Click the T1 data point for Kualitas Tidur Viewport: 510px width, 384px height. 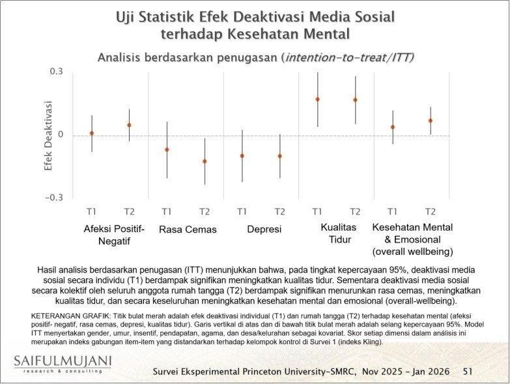click(317, 99)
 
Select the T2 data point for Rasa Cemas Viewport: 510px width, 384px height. click(205, 161)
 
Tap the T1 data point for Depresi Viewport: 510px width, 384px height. click(242, 156)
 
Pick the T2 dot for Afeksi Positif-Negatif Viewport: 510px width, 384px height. click(129, 125)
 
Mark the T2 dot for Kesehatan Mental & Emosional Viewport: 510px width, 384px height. click(430, 121)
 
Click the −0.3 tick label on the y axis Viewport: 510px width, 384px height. click(56, 198)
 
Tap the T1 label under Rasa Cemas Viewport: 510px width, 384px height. click(167, 211)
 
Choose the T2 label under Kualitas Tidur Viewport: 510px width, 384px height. click(355, 211)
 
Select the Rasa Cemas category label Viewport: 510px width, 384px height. click(188, 229)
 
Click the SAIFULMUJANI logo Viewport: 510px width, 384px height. click(61, 362)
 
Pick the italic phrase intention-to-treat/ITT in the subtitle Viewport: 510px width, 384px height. click(349, 57)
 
